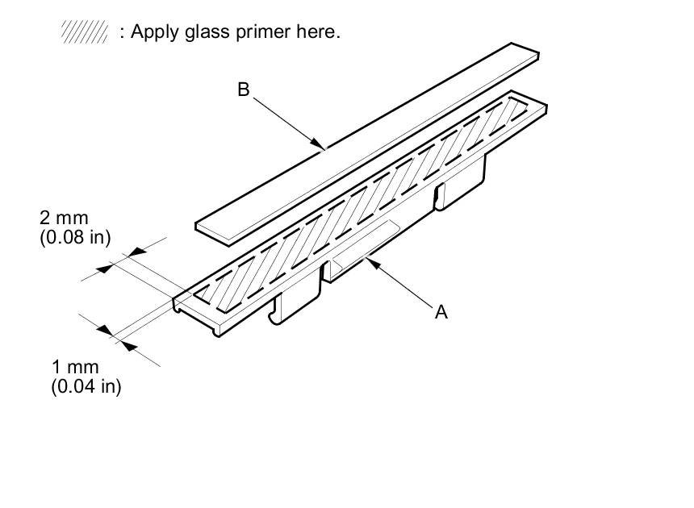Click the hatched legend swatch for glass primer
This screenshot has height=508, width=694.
85,32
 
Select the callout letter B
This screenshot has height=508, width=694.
243,90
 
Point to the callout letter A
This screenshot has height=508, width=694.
441,312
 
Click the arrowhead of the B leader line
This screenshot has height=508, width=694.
321,146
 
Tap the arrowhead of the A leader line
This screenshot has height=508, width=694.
370,260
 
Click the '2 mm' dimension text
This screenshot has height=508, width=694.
64,218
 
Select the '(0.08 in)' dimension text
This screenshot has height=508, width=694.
75,237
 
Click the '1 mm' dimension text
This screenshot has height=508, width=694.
75,369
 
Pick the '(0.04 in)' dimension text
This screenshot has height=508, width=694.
86,387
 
